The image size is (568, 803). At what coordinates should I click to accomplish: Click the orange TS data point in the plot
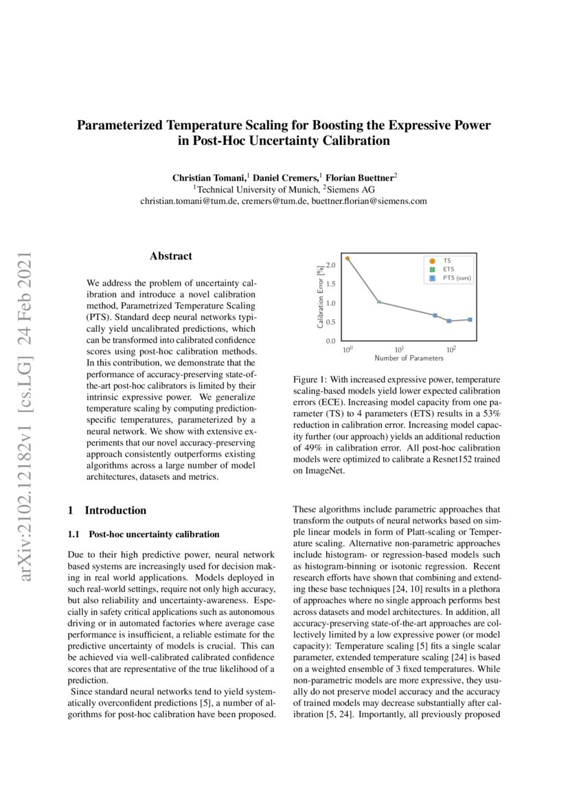tap(348, 259)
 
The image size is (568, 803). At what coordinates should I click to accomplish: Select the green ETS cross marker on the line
tap(379, 302)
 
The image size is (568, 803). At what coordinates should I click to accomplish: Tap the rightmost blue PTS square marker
tap(470, 319)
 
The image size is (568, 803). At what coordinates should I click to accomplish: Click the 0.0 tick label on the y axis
tap(330, 341)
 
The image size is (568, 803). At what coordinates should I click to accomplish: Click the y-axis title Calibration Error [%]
tap(321, 297)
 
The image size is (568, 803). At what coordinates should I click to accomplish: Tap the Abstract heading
tap(171, 256)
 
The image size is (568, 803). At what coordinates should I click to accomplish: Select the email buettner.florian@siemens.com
tap(369, 201)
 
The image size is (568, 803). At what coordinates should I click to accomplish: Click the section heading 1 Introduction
tap(108, 510)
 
